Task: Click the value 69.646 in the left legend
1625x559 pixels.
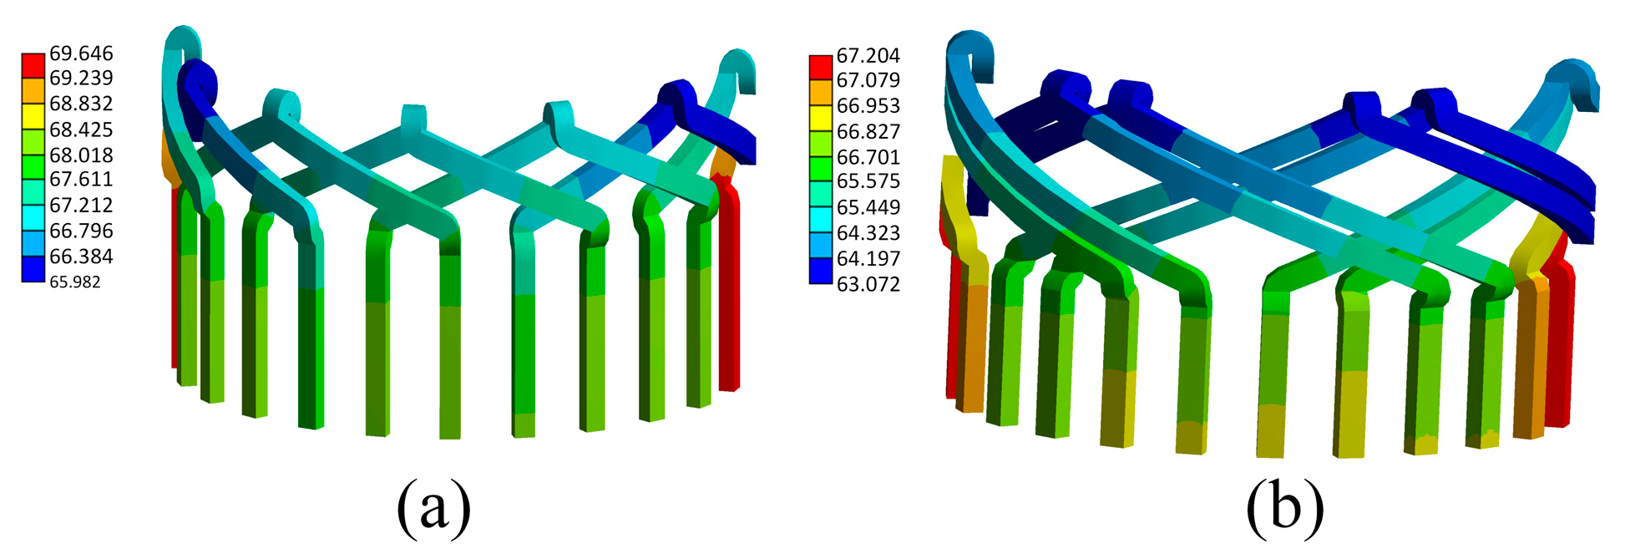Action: [x=81, y=53]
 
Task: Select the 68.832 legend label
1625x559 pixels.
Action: [x=81, y=104]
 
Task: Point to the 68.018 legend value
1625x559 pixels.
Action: [x=81, y=155]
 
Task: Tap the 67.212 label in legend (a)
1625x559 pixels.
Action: [x=81, y=205]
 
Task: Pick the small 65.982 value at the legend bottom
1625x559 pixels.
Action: [x=75, y=282]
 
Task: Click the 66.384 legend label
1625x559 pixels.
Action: [x=81, y=256]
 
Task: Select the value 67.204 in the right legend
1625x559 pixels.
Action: [x=868, y=56]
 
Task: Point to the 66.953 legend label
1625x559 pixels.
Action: [x=868, y=106]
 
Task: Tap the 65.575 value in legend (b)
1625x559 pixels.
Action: [x=868, y=181]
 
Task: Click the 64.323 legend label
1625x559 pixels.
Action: [x=868, y=232]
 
